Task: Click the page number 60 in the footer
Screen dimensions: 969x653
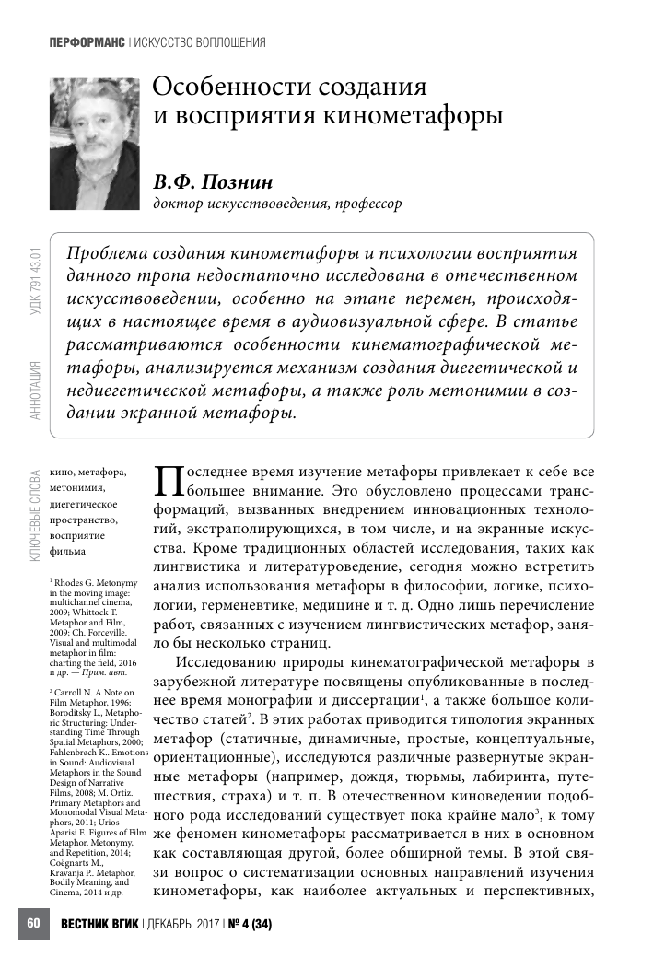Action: click(x=34, y=923)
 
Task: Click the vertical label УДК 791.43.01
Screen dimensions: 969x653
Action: click(x=36, y=279)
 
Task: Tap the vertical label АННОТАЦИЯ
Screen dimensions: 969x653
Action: click(x=36, y=391)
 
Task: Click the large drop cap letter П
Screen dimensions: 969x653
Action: click(x=169, y=482)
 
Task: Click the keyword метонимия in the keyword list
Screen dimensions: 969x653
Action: click(x=78, y=488)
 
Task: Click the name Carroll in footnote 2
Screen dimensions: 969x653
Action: click(x=73, y=692)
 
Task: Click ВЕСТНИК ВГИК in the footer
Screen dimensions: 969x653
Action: click(x=100, y=924)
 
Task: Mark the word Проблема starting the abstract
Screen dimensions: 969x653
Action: click(x=112, y=253)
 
